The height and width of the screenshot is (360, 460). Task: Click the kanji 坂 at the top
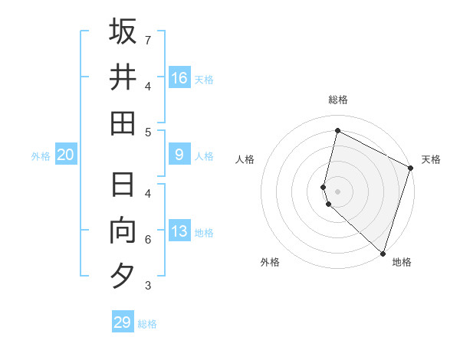pos(123,31)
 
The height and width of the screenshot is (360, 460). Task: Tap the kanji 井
pos(123,77)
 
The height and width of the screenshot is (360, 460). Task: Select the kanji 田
pos(123,123)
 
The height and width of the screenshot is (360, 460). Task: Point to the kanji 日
pos(123,185)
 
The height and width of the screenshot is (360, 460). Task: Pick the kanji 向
pos(123,231)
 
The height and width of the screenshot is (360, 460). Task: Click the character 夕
pos(123,277)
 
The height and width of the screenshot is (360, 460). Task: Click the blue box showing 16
pos(179,77)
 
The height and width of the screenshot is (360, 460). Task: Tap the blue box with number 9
pos(179,155)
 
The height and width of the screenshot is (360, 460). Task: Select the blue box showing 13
pos(179,231)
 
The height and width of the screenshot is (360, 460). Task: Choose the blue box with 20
pos(65,155)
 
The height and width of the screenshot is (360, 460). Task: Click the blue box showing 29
pos(123,322)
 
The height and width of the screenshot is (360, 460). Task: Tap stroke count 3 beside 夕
pos(148,286)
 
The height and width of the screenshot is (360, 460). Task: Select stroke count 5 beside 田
pos(148,132)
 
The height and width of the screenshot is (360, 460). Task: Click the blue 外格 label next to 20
pos(41,156)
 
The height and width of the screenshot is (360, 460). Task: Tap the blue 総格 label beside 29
pos(147,324)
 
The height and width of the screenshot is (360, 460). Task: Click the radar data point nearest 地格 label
pos(383,253)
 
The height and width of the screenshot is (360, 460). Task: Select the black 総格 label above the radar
pos(337,100)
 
